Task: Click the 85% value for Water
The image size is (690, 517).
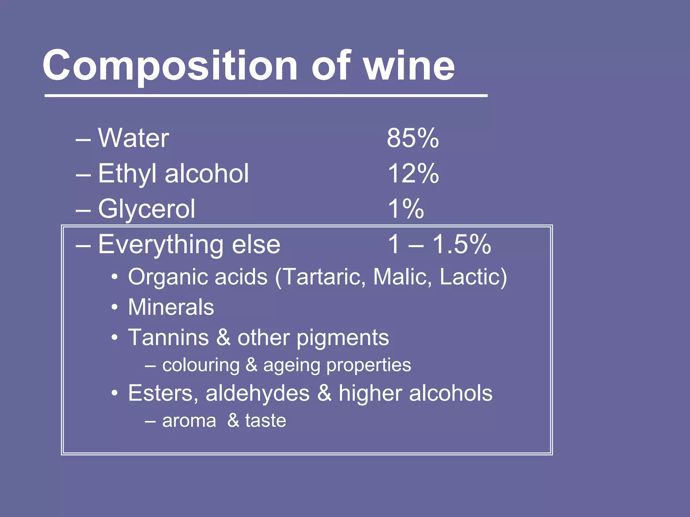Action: pyautogui.click(x=413, y=138)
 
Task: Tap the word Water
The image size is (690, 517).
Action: pyautogui.click(x=133, y=138)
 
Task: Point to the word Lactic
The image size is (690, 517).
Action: pyautogui.click(x=472, y=277)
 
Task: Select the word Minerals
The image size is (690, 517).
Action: pyautogui.click(x=171, y=307)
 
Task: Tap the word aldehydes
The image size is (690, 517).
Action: pyautogui.click(x=257, y=393)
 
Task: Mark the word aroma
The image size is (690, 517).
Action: pyautogui.click(x=189, y=421)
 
